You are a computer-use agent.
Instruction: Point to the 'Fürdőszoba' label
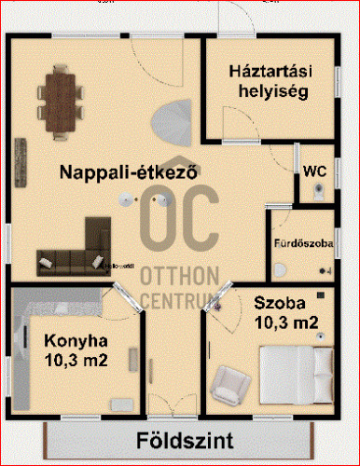point(302,243)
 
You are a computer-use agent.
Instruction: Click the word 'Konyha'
point(76,339)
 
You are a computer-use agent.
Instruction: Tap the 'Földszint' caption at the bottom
point(180,440)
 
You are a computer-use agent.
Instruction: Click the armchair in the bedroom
point(229,380)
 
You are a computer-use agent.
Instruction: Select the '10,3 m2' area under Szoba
point(286,323)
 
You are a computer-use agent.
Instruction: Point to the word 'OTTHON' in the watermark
point(179,277)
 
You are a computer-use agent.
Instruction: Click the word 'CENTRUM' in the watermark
point(179,300)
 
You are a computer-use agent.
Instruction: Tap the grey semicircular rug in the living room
point(173,120)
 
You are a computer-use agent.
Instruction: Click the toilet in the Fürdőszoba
point(281,269)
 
